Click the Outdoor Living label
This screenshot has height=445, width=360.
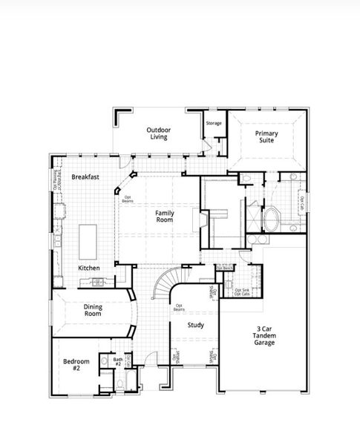coord(157,132)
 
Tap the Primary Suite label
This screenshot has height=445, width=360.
coord(266,136)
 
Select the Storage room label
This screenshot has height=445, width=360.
coord(214,123)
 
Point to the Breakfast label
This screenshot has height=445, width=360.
coord(85,177)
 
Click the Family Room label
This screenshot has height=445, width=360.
coord(165,217)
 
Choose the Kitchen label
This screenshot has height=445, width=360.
coord(89,267)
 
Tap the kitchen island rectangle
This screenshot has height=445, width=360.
coord(88,239)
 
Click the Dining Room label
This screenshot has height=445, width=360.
coord(94,309)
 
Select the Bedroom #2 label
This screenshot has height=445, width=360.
coord(76,365)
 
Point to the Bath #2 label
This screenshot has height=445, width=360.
coord(118,361)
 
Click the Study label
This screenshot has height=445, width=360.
coord(196,325)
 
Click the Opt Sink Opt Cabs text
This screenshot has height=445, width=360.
coord(242,291)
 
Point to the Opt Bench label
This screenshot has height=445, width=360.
coord(224,268)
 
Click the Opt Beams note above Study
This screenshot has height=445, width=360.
coord(179,308)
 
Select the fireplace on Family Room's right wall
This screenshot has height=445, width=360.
coord(197,221)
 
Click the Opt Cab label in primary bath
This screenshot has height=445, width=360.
coord(301,201)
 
